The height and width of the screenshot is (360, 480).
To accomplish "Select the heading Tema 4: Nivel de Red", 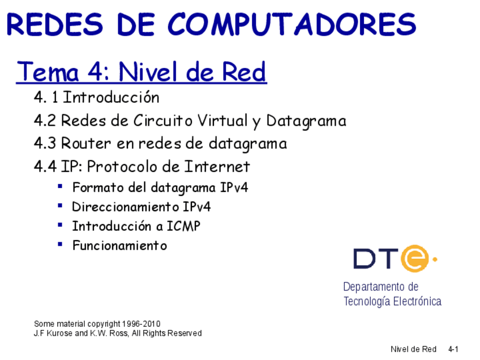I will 142,72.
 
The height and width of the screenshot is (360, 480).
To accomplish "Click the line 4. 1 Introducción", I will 97,97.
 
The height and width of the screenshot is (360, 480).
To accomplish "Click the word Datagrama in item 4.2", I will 306,121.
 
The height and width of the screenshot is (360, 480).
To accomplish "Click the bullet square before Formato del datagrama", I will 60,186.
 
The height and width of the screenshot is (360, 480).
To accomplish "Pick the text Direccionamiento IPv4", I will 142,207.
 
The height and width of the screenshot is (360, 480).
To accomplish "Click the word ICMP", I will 183,226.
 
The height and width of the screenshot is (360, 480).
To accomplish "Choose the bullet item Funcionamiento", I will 119,246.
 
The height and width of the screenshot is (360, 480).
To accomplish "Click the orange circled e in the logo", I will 414,259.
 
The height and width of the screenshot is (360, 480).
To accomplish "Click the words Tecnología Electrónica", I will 392,301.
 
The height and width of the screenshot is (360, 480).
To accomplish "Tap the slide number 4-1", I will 453,349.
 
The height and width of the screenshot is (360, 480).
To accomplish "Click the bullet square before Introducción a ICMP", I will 60,225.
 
